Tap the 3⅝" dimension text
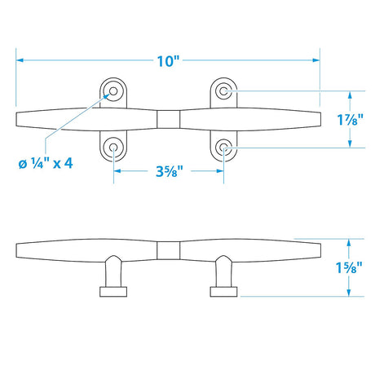(169, 171)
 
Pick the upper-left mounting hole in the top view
(112, 90)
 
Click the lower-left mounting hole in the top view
(112, 148)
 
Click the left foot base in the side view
(112, 290)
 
